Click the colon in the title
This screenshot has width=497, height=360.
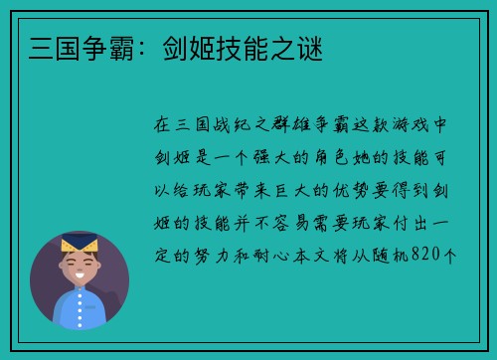point(131,48)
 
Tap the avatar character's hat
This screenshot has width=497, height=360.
point(79,243)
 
